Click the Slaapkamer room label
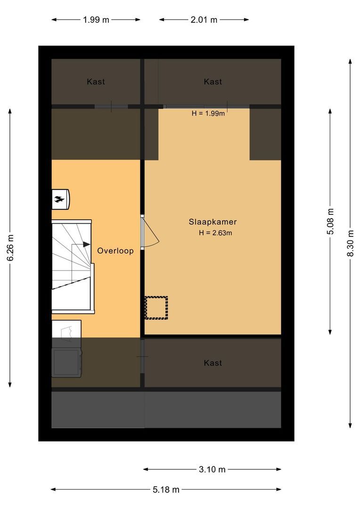click(x=213, y=222)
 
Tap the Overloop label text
click(x=115, y=251)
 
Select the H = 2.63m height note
click(x=215, y=232)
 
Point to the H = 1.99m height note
click(x=208, y=113)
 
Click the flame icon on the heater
click(x=59, y=199)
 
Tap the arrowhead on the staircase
click(x=86, y=244)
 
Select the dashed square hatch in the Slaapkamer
click(x=156, y=308)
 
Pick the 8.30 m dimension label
click(x=350, y=243)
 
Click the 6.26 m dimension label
click(x=10, y=248)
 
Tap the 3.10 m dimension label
click(x=212, y=469)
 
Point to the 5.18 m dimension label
click(x=166, y=490)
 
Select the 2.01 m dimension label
click(x=204, y=20)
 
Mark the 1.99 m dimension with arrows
click(x=96, y=20)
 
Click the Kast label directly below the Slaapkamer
click(x=213, y=363)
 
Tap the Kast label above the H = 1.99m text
click(x=213, y=82)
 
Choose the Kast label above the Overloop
click(x=96, y=82)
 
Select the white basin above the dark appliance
click(x=66, y=329)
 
